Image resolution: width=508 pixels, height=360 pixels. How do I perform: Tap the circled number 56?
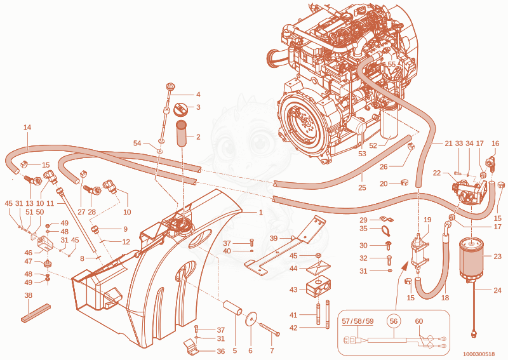393,321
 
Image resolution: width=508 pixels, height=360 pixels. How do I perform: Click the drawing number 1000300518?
479,354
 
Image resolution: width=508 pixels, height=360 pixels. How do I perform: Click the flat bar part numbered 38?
36,313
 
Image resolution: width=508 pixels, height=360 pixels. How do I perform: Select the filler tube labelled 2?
182,133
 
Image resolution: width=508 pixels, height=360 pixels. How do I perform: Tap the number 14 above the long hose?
27,128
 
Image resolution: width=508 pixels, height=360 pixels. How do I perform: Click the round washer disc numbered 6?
251,319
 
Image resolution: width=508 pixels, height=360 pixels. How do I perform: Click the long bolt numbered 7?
269,330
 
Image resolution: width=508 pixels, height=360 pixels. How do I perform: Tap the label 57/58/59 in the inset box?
358,321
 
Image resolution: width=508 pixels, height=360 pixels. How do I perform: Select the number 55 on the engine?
392,64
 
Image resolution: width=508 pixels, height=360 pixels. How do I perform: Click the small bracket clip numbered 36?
191,346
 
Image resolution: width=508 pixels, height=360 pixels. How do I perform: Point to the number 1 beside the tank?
260,213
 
